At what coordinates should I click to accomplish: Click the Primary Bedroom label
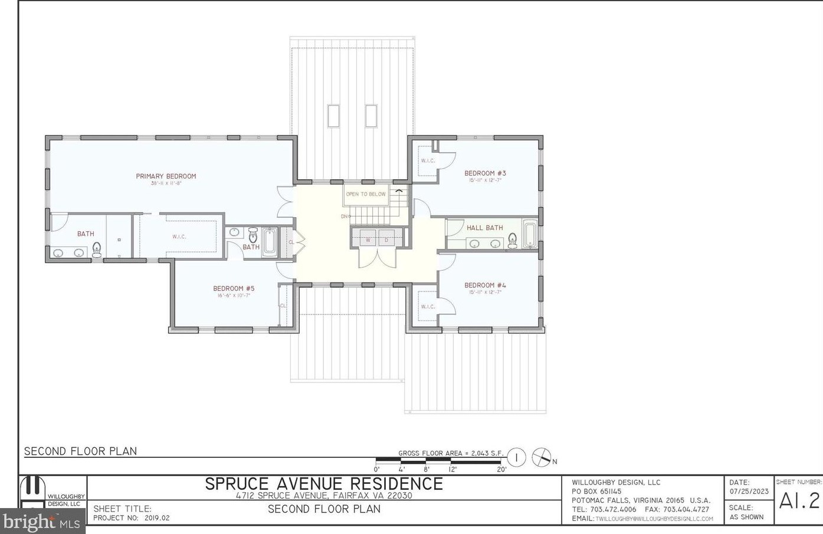(x=166, y=176)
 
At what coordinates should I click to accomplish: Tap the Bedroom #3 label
(x=485, y=173)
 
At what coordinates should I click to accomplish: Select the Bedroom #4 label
(x=485, y=285)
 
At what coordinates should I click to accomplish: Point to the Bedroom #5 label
(x=234, y=289)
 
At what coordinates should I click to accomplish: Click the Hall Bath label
(x=485, y=228)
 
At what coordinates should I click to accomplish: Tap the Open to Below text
(x=366, y=194)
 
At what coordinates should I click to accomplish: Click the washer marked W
(x=368, y=240)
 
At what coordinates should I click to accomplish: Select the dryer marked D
(x=386, y=240)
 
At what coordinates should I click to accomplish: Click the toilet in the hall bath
(x=512, y=240)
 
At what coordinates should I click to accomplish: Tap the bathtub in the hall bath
(x=529, y=233)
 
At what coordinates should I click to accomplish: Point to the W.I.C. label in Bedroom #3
(x=428, y=160)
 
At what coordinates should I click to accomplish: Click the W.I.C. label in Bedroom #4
(x=428, y=307)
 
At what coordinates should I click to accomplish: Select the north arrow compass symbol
(x=541, y=457)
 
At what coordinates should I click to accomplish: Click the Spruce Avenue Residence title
(x=324, y=484)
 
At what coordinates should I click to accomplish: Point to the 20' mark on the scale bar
(x=501, y=470)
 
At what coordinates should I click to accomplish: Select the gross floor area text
(x=451, y=453)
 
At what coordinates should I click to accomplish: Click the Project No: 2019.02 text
(x=132, y=518)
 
